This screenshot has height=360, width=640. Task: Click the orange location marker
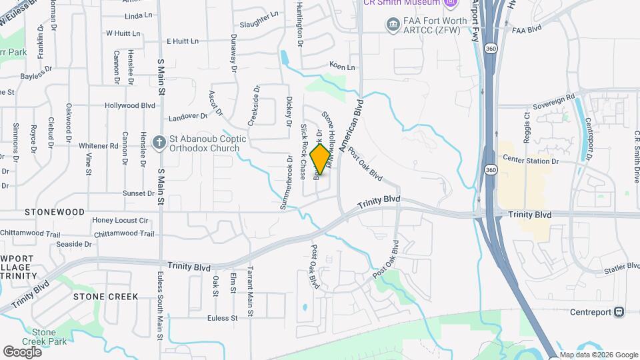coord(321,159)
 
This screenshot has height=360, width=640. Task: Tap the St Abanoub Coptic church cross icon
coord(159,142)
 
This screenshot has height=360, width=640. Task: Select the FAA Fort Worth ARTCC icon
coord(393,25)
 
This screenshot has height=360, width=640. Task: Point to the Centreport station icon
coord(619,312)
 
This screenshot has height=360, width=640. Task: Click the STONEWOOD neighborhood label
coord(55,212)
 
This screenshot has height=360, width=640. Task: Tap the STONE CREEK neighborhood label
coord(105,296)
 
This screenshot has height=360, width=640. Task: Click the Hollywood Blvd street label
coord(130,105)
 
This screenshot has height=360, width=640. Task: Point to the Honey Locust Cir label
coord(120,220)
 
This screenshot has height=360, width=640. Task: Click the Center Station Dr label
coord(530,160)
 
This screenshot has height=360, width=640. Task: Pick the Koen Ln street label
coord(342,67)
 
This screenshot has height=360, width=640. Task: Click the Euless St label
coord(222,317)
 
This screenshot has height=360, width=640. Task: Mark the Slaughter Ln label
coord(260,14)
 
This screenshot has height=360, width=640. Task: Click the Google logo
coord(22,351)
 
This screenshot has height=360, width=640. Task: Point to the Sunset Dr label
coord(138,193)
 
